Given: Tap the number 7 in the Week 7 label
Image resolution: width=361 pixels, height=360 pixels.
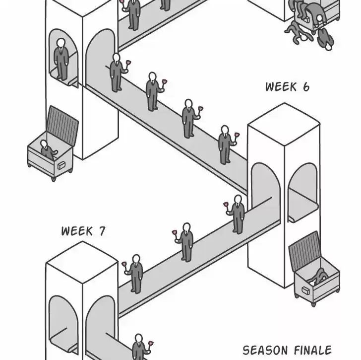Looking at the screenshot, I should (x=101, y=231).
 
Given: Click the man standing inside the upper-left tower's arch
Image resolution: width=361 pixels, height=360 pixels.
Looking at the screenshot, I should (x=61, y=60).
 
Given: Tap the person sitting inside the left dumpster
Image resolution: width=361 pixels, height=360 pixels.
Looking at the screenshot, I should (x=46, y=148).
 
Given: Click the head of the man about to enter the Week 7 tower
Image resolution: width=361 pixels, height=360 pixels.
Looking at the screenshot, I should (x=135, y=259).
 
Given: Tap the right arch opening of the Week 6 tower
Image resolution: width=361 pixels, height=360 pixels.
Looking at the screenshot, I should (x=301, y=191).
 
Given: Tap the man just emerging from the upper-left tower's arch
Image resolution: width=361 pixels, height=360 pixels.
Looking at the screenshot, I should (x=117, y=72).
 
